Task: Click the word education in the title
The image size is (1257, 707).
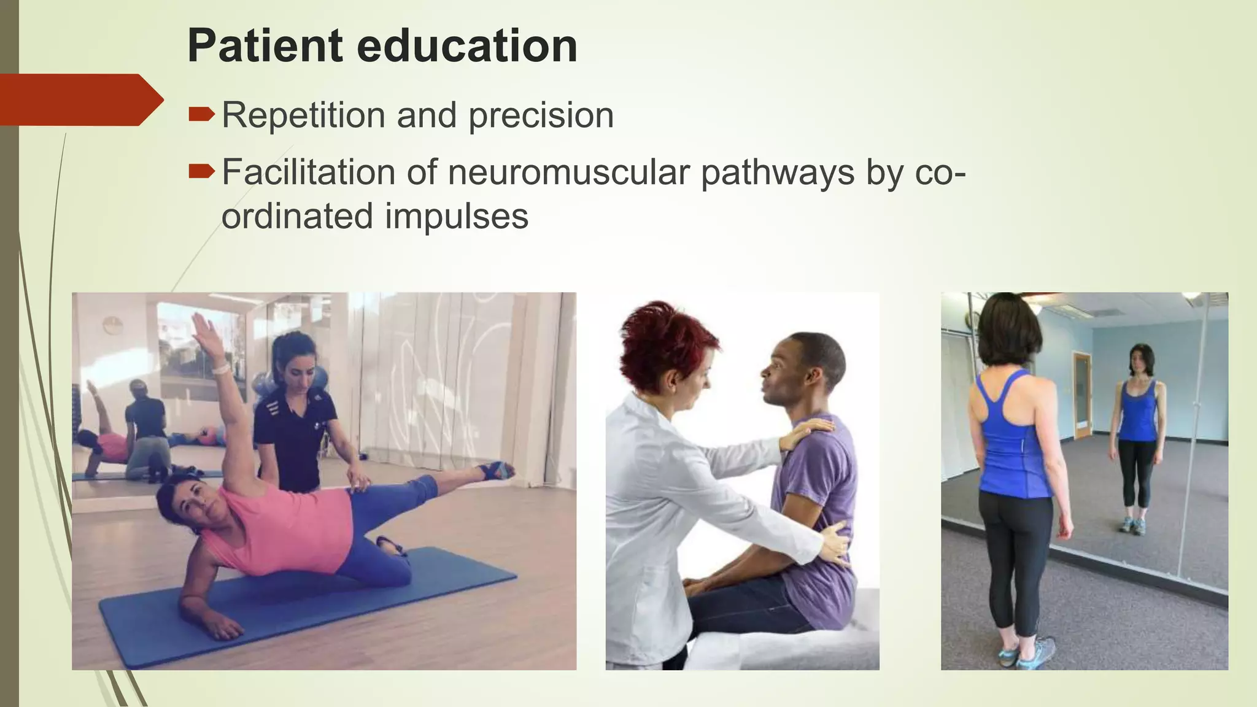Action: pos(466,47)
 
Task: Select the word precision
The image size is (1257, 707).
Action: pos(541,115)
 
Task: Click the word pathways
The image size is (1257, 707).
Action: pos(777,173)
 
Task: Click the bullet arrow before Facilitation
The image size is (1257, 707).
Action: pos(201,171)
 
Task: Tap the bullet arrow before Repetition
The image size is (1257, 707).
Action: pos(201,114)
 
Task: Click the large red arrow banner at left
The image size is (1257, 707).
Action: pos(80,99)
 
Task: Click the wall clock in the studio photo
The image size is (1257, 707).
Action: pos(113,325)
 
